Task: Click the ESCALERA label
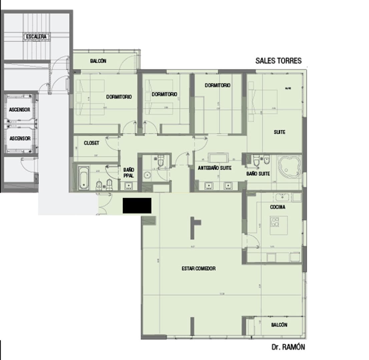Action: (36, 37)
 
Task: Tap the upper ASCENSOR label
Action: (20, 110)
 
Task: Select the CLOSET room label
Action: (91, 143)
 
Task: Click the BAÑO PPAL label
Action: (128, 173)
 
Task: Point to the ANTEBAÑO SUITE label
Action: (215, 168)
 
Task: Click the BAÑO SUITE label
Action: (258, 174)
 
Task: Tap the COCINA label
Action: (278, 207)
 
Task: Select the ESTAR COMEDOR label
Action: (199, 268)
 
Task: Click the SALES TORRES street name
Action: (278, 61)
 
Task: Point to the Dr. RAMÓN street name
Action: (288, 347)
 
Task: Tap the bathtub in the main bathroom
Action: (83, 178)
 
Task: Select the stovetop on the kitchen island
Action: (275, 222)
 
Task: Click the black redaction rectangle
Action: (137, 205)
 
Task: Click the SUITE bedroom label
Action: (280, 132)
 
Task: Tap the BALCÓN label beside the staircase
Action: (98, 61)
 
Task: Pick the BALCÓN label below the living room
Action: (279, 325)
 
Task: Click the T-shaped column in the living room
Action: (195, 227)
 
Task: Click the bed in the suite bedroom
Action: (264, 102)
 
